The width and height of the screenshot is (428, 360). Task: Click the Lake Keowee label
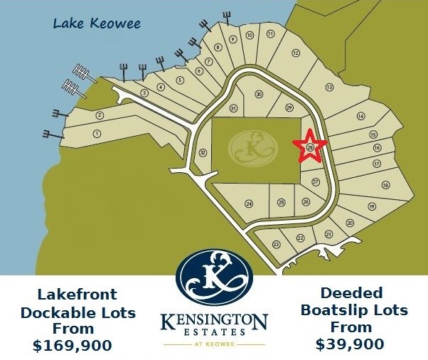pyautogui.click(x=97, y=24)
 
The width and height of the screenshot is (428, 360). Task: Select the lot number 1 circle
pyautogui.click(x=96, y=133)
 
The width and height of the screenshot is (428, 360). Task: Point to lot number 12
pyautogui.click(x=296, y=53)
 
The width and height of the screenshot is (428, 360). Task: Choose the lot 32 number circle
pyautogui.click(x=203, y=152)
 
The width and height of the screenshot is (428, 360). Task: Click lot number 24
pyautogui.click(x=249, y=204)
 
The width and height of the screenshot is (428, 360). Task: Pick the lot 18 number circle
pyautogui.click(x=385, y=185)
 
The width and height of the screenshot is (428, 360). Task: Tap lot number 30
pyautogui.click(x=259, y=95)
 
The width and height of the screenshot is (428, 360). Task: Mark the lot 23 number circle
pyautogui.click(x=276, y=244)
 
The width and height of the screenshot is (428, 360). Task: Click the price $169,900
pyautogui.click(x=73, y=346)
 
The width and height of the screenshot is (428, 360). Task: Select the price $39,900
pyautogui.click(x=351, y=344)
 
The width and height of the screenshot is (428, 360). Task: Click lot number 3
pyautogui.click(x=144, y=93)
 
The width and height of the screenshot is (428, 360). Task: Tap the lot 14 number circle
pyautogui.click(x=360, y=116)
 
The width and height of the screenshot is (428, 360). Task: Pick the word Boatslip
pyautogui.click(x=331, y=311)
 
